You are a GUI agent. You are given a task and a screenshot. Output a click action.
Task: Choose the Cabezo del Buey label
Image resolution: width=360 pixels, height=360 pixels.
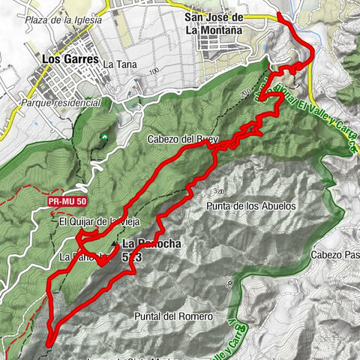point(182,138)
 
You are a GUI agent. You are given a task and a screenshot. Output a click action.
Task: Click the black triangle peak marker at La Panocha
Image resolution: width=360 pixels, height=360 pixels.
point(114,244)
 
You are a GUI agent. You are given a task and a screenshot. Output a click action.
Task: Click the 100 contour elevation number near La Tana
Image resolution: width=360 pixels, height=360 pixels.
point(154,70)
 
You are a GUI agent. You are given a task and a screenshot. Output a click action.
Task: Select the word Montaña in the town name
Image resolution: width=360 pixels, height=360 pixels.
point(241,30)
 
